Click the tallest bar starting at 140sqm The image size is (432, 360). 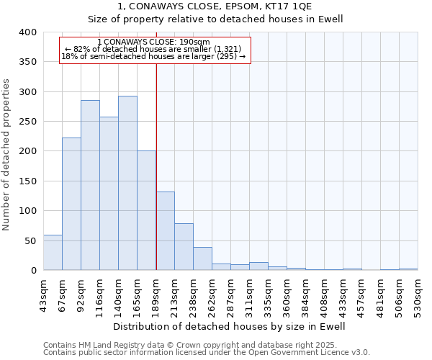coord(127,183)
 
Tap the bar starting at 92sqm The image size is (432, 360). coord(90,185)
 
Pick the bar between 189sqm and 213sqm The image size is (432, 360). coord(165,231)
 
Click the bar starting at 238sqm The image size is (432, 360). coord(202,258)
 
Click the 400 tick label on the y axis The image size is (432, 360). coord(27,32)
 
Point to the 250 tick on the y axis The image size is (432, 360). coord(27,122)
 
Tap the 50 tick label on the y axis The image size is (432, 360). coord(30,240)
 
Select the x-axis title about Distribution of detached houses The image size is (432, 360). coord(230,326)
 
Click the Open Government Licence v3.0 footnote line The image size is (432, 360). coord(207,352)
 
